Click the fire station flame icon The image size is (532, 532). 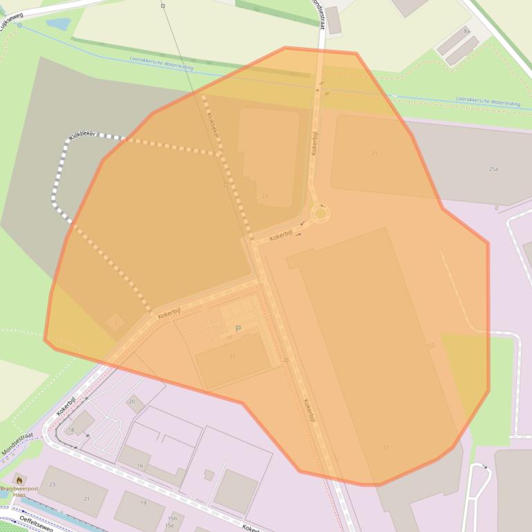click(19, 479)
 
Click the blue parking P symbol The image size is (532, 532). click(239, 330)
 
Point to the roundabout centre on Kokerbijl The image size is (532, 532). click(320, 213)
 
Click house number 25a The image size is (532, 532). click(493, 169)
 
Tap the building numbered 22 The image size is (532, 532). click(232, 357)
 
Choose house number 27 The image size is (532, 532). click(385, 447)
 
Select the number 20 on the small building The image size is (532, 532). click(131, 401)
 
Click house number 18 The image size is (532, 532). click(71, 430)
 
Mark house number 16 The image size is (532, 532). click(140, 466)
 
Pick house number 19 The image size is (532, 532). click(143, 503)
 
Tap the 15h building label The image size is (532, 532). click(172, 518)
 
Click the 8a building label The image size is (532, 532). click(466, 31)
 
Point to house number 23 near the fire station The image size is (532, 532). click(52, 484)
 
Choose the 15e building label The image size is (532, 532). click(169, 526)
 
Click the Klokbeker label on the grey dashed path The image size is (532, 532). click(82, 133)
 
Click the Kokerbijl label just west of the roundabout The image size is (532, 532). click(282, 236)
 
